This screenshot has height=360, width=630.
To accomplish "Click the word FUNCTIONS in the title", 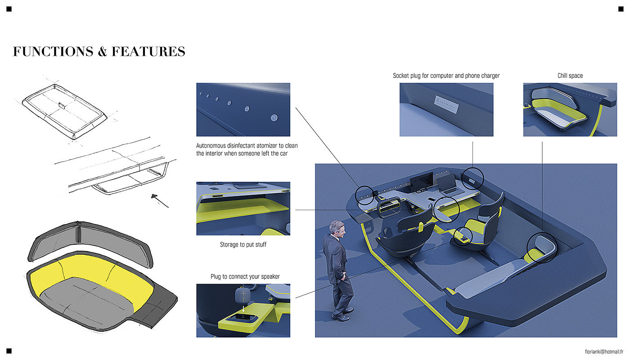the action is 53,51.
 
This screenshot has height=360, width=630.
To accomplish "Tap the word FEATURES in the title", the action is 148,51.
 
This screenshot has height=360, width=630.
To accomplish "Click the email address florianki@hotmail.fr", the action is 604,351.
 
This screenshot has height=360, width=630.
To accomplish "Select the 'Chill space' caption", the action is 570,76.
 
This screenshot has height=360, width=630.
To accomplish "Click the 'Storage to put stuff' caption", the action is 243,244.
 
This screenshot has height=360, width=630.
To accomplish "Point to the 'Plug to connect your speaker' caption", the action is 245,276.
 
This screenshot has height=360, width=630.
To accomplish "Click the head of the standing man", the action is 337,229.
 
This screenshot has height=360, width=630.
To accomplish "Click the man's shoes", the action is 342,315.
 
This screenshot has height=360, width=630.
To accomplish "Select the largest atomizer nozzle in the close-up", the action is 274,117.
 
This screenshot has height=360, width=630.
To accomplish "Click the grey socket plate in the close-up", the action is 446,104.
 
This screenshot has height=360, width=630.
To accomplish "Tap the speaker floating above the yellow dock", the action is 242,295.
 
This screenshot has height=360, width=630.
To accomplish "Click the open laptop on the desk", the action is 451,185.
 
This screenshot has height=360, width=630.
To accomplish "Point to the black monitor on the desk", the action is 422,182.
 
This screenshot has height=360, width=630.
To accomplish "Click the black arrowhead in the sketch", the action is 154,196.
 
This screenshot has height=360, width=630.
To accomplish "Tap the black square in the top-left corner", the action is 9,9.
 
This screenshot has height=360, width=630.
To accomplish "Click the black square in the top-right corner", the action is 621,9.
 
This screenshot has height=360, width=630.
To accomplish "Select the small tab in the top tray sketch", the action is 62,105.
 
